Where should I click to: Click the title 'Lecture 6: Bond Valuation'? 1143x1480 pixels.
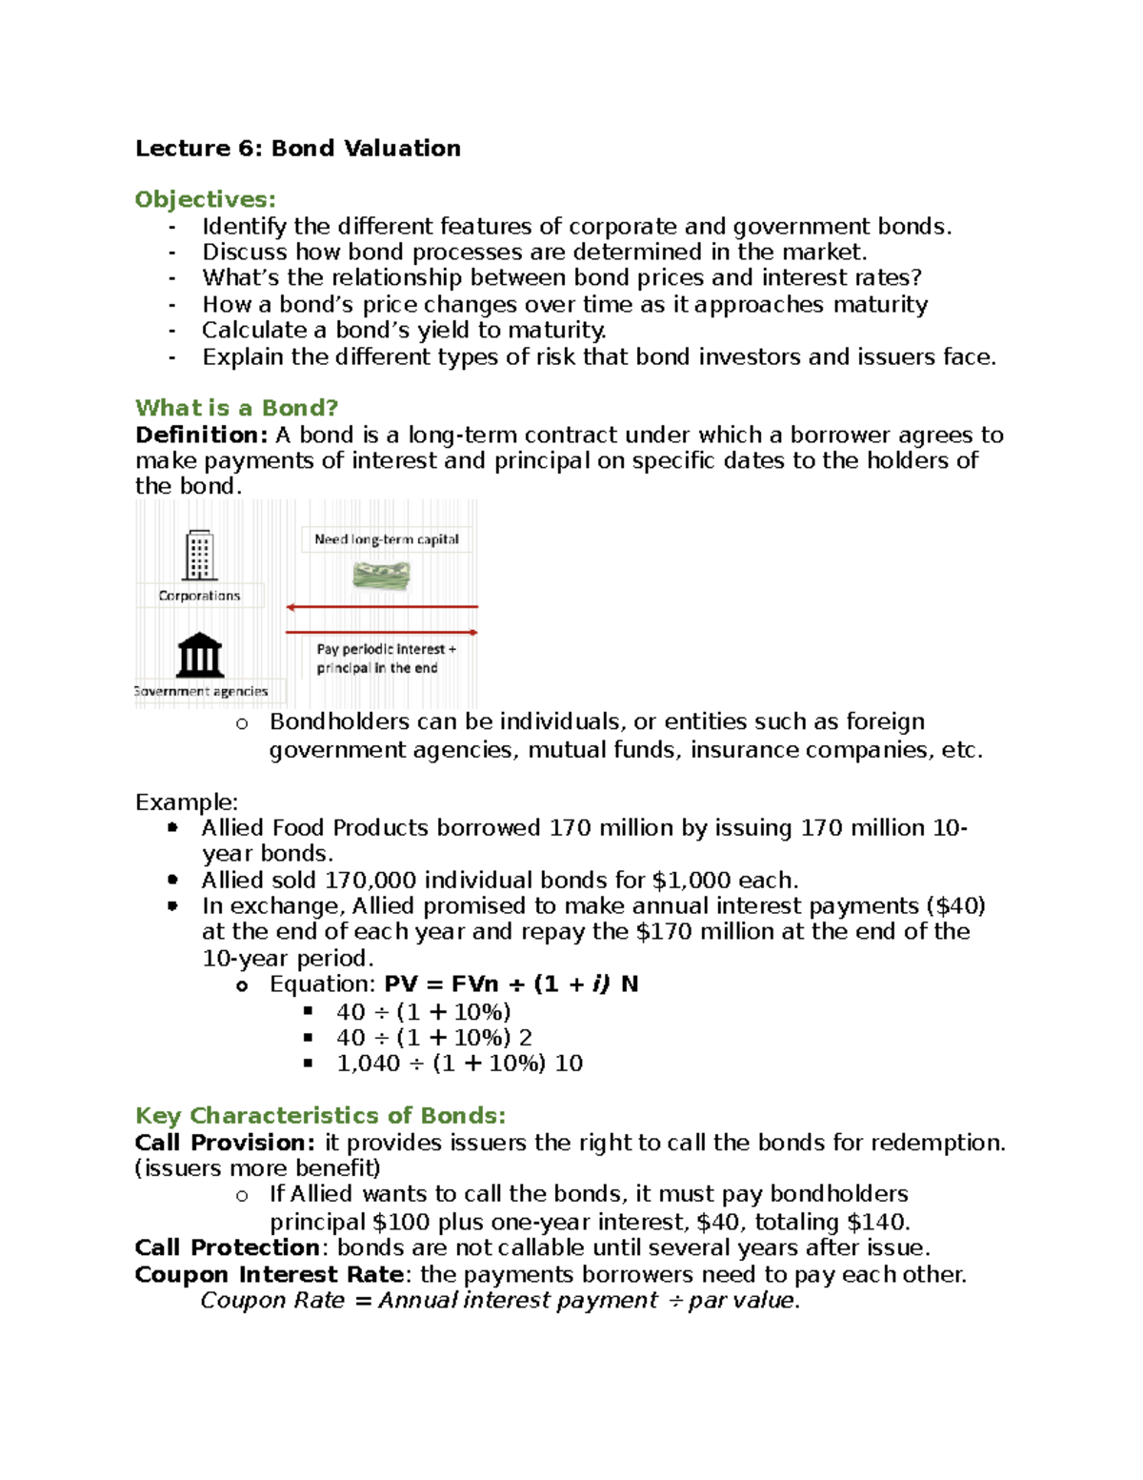pos(297,149)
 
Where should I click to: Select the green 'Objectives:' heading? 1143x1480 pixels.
pos(205,199)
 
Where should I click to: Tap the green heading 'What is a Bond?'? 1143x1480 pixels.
pos(236,408)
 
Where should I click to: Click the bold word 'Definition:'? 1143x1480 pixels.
pos(202,436)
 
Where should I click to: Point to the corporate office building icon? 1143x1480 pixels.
pos(199,556)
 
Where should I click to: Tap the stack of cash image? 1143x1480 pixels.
pos(381,575)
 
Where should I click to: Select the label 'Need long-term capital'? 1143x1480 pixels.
pos(387,539)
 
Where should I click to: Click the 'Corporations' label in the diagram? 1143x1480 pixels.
pos(199,596)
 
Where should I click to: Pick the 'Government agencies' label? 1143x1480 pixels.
pos(201,691)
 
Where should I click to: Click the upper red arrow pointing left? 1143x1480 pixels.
pos(381,607)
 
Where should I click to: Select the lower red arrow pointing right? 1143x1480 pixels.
pos(381,632)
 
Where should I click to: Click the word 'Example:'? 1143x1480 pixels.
pos(187,801)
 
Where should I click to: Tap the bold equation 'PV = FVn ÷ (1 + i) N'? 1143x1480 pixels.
pos(511,984)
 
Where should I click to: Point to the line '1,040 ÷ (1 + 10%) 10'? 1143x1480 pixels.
pos(459,1064)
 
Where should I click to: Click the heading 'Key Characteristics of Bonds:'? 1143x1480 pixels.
pos(320,1116)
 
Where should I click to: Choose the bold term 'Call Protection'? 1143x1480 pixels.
pos(227,1248)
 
